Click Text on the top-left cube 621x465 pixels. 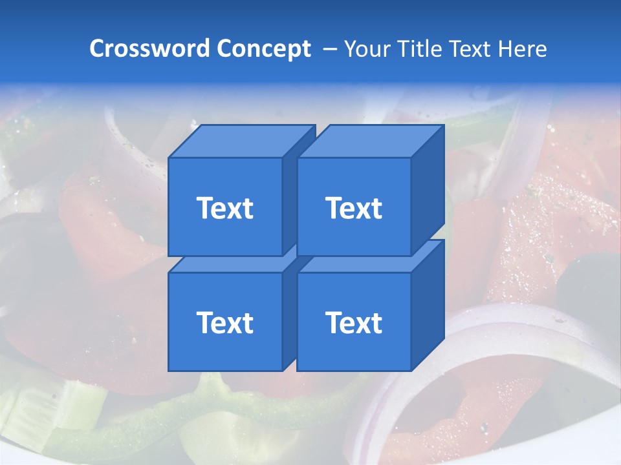pyautogui.click(x=224, y=208)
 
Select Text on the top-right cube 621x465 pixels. pyautogui.click(x=354, y=208)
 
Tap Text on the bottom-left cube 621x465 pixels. pyautogui.click(x=224, y=322)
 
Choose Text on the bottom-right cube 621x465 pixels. pyautogui.click(x=354, y=322)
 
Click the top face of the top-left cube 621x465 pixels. pyautogui.click(x=241, y=141)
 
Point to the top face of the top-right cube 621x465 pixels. pyautogui.click(x=370, y=141)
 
